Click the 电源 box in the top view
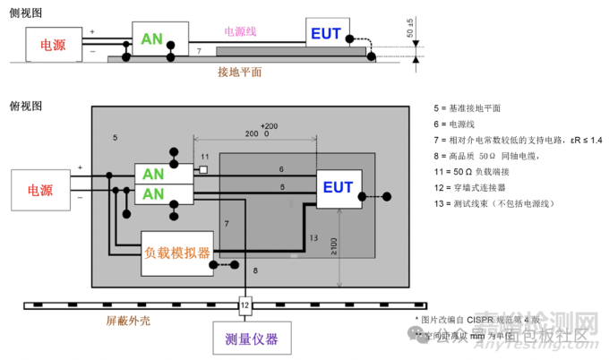[x=41, y=191]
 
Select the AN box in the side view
[x=152, y=39]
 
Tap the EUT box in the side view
[x=326, y=35]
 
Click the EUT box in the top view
[x=338, y=187]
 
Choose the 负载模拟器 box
[x=177, y=253]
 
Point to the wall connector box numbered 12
[x=244, y=305]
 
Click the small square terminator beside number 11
[x=204, y=168]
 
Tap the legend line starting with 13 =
[x=493, y=203]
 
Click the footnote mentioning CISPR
[x=478, y=320]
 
